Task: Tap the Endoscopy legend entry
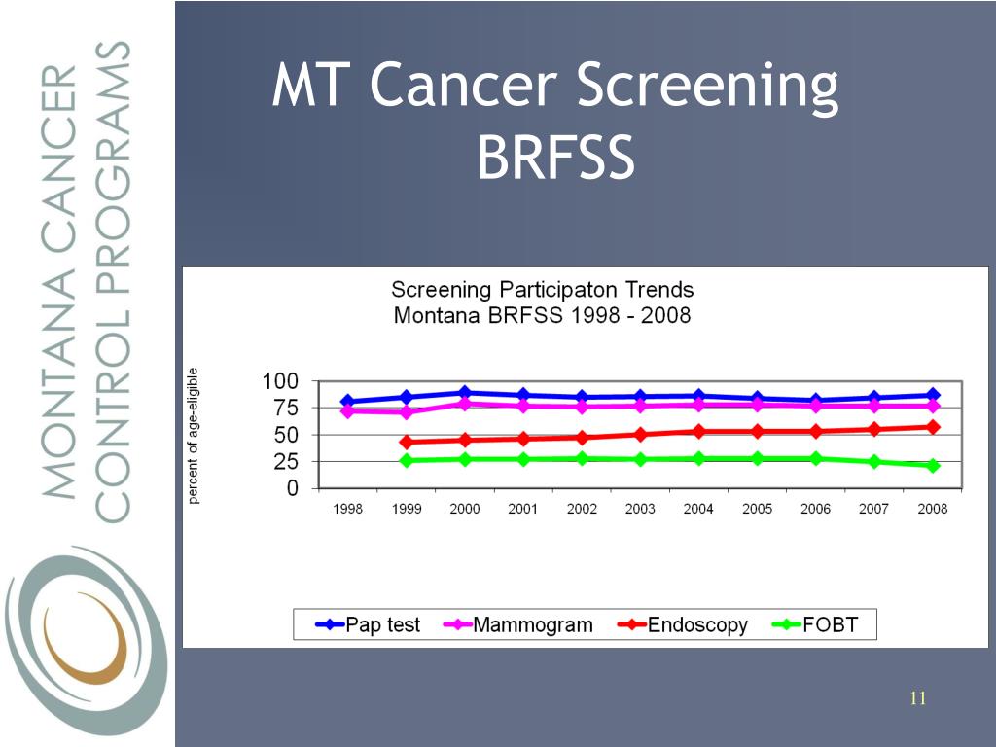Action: (683, 624)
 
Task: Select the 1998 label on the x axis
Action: (348, 509)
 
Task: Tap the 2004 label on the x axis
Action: (698, 509)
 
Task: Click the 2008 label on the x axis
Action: (933, 509)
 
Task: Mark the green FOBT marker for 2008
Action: (933, 465)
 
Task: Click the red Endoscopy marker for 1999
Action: (407, 442)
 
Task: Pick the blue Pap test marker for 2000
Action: (465, 393)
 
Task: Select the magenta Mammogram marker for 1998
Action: (348, 411)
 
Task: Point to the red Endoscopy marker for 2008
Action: (933, 426)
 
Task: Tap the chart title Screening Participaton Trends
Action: (542, 290)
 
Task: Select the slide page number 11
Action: (918, 697)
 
